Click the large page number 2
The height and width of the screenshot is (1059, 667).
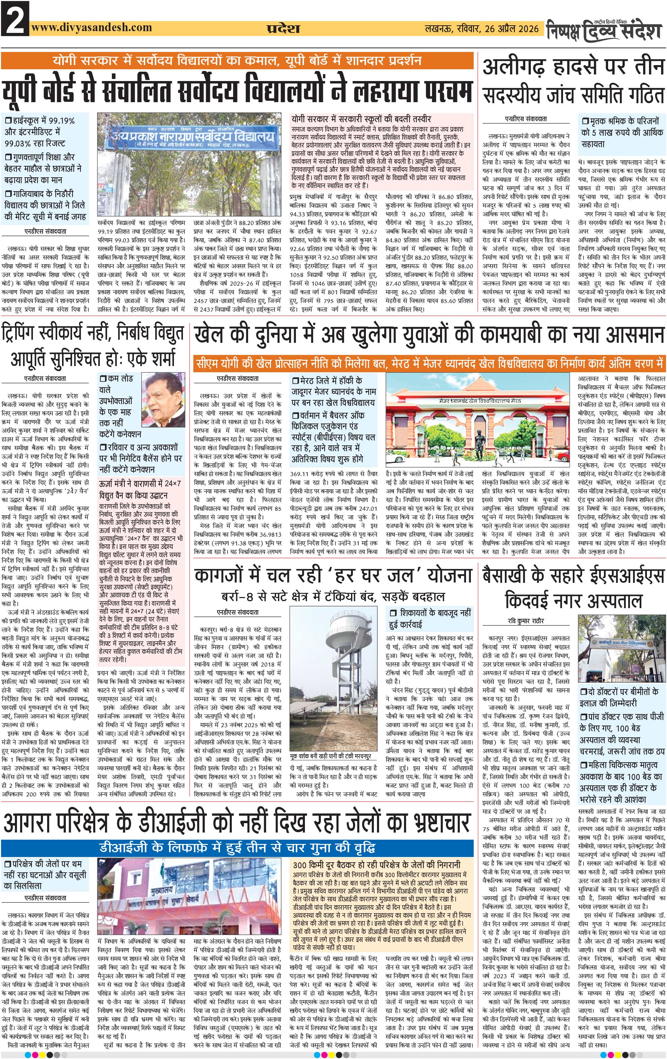pos(15,18)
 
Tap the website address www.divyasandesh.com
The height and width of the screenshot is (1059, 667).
pos(91,27)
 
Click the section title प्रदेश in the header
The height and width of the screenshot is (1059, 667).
pos(283,29)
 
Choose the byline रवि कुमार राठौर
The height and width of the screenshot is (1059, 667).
pos(525,621)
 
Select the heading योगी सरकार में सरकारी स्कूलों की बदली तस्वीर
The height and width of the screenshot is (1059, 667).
pos(361,119)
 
